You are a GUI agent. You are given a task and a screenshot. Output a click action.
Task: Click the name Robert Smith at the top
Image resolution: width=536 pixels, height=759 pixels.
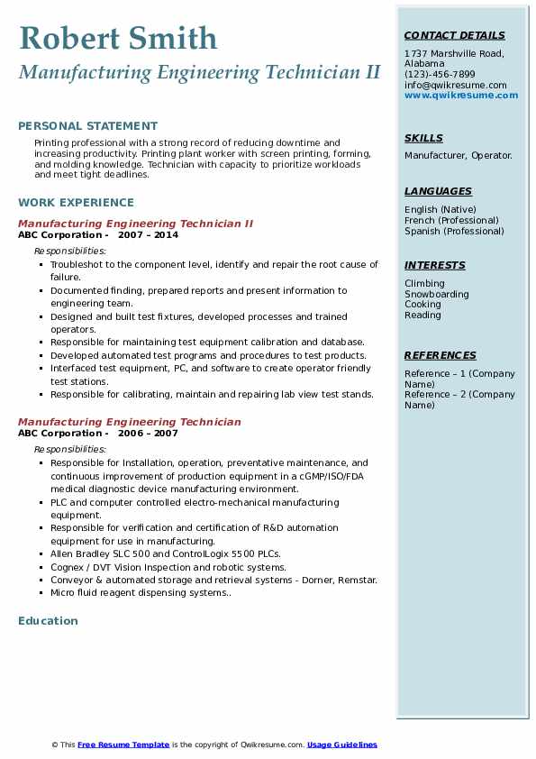coord(117,38)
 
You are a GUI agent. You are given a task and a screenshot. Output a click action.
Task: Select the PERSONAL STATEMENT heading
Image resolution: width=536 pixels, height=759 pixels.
coord(87,126)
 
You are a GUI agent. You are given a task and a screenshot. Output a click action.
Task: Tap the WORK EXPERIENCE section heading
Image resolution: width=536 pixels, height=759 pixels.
coord(76,203)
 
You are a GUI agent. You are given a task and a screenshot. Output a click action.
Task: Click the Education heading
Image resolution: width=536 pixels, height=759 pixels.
coord(48,621)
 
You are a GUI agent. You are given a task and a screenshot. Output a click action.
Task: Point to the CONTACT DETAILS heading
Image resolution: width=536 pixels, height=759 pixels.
coord(454,36)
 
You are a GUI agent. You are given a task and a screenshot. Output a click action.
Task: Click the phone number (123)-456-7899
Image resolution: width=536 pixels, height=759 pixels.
coord(440,75)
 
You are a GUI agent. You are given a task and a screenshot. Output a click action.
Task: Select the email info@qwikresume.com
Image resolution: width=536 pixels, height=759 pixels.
coord(455,86)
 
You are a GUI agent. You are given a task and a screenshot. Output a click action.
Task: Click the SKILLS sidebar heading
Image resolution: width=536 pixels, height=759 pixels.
coord(423,139)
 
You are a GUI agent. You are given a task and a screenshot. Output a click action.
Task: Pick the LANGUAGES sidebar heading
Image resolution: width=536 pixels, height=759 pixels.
coord(438,192)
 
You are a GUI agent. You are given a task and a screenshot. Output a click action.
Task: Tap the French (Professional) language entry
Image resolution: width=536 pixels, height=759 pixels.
coord(451,221)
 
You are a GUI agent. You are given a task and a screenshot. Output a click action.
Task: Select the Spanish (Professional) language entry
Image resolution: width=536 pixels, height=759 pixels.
coord(454,232)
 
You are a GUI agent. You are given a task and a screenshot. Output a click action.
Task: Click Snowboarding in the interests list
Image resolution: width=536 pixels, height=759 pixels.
coord(436,295)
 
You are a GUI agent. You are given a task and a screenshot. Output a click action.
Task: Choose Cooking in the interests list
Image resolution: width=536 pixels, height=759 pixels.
coord(423,306)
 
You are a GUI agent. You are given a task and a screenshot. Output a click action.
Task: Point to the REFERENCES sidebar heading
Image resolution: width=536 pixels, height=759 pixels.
coord(440,356)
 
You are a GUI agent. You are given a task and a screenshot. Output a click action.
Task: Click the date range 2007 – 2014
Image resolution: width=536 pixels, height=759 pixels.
coord(149,235)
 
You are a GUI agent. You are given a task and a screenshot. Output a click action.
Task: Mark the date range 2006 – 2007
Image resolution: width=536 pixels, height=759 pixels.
coord(149,434)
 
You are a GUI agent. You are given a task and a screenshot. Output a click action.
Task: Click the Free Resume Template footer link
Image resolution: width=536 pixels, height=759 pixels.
coord(123,745)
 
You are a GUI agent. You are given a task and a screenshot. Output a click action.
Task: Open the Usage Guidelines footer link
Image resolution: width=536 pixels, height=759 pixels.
coord(341,745)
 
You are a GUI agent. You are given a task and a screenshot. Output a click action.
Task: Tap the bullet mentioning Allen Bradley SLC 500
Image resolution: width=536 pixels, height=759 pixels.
coord(166,554)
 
